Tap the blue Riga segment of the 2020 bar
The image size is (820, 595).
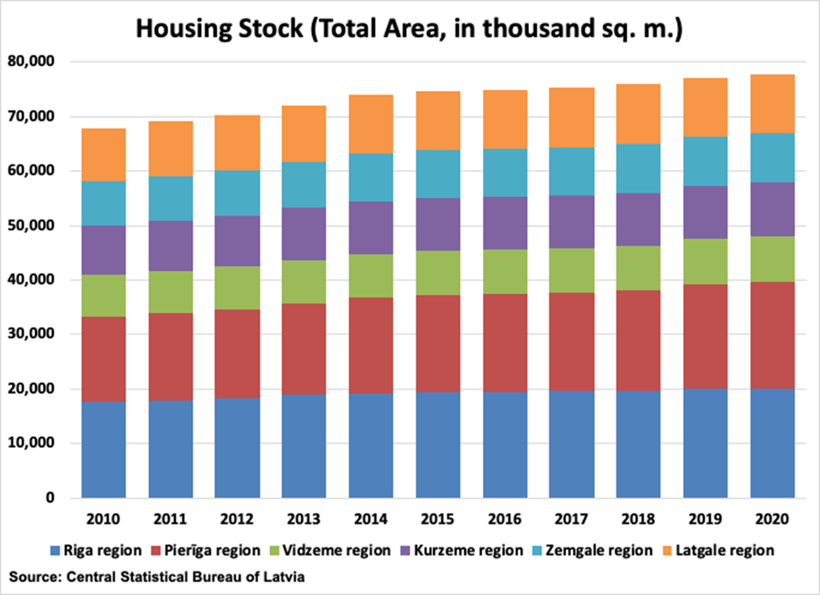(x=772, y=443)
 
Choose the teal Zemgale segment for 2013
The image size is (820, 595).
(x=304, y=184)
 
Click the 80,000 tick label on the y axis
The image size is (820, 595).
(x=32, y=61)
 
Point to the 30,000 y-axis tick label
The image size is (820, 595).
(x=32, y=335)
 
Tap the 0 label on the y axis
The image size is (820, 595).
(x=50, y=498)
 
